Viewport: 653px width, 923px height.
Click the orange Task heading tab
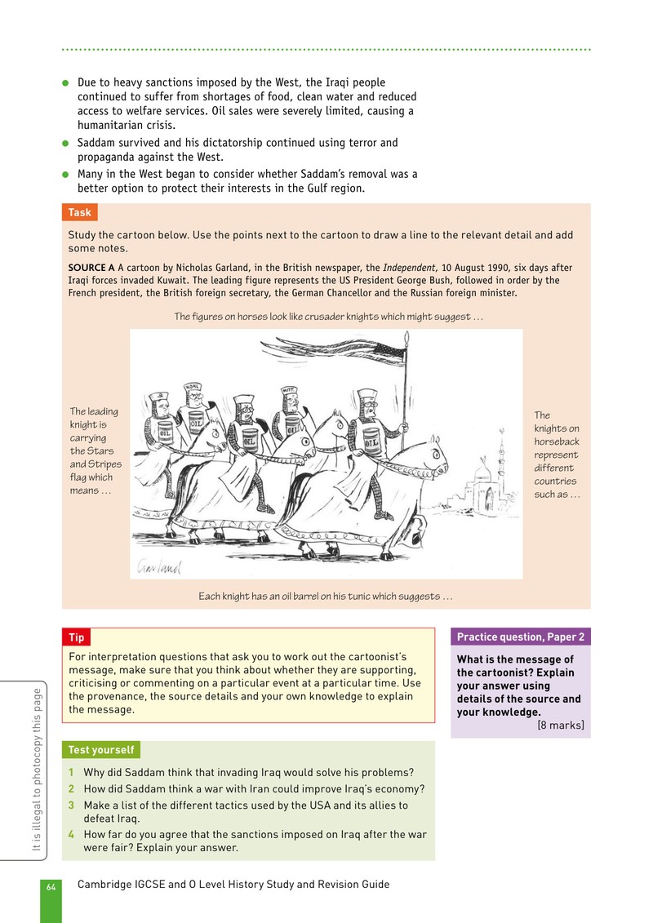(79, 212)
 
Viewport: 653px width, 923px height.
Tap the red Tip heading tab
(76, 637)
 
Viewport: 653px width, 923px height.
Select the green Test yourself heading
(100, 750)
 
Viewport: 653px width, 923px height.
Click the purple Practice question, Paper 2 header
(521, 637)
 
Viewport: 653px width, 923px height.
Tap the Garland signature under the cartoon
(159, 566)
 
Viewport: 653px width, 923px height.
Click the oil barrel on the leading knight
(371, 441)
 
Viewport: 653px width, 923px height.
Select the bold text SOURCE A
(91, 267)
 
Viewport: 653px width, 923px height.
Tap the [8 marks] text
(561, 726)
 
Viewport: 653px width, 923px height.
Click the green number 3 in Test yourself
(71, 805)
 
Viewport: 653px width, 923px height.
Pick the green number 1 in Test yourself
(71, 772)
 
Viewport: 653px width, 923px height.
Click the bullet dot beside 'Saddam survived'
(65, 143)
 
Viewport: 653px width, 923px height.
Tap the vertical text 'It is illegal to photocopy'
(37, 770)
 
